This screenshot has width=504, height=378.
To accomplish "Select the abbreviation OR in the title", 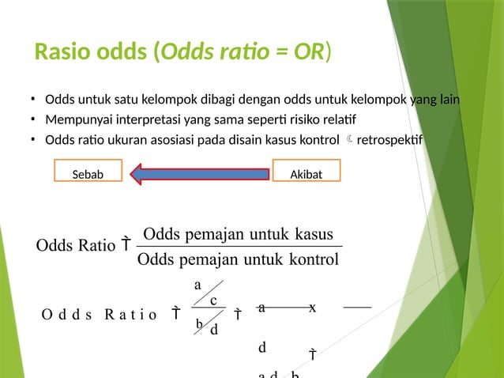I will point(308,52).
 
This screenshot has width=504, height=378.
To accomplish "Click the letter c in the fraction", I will point(213,301).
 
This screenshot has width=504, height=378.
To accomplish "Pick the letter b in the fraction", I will point(199,323).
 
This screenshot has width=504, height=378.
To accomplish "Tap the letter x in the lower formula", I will point(313,308).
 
